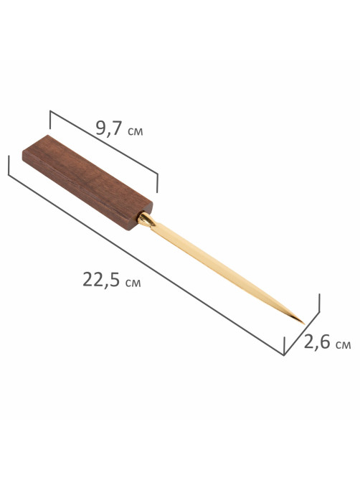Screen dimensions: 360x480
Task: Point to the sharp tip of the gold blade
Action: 304,324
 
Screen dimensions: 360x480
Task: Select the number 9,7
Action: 109,128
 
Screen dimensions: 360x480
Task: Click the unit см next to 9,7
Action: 135,131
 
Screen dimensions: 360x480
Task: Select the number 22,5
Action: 101,280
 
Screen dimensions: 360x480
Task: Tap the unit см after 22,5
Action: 133,283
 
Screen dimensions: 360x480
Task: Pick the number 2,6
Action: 317,342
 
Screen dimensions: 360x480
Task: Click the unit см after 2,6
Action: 343,345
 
